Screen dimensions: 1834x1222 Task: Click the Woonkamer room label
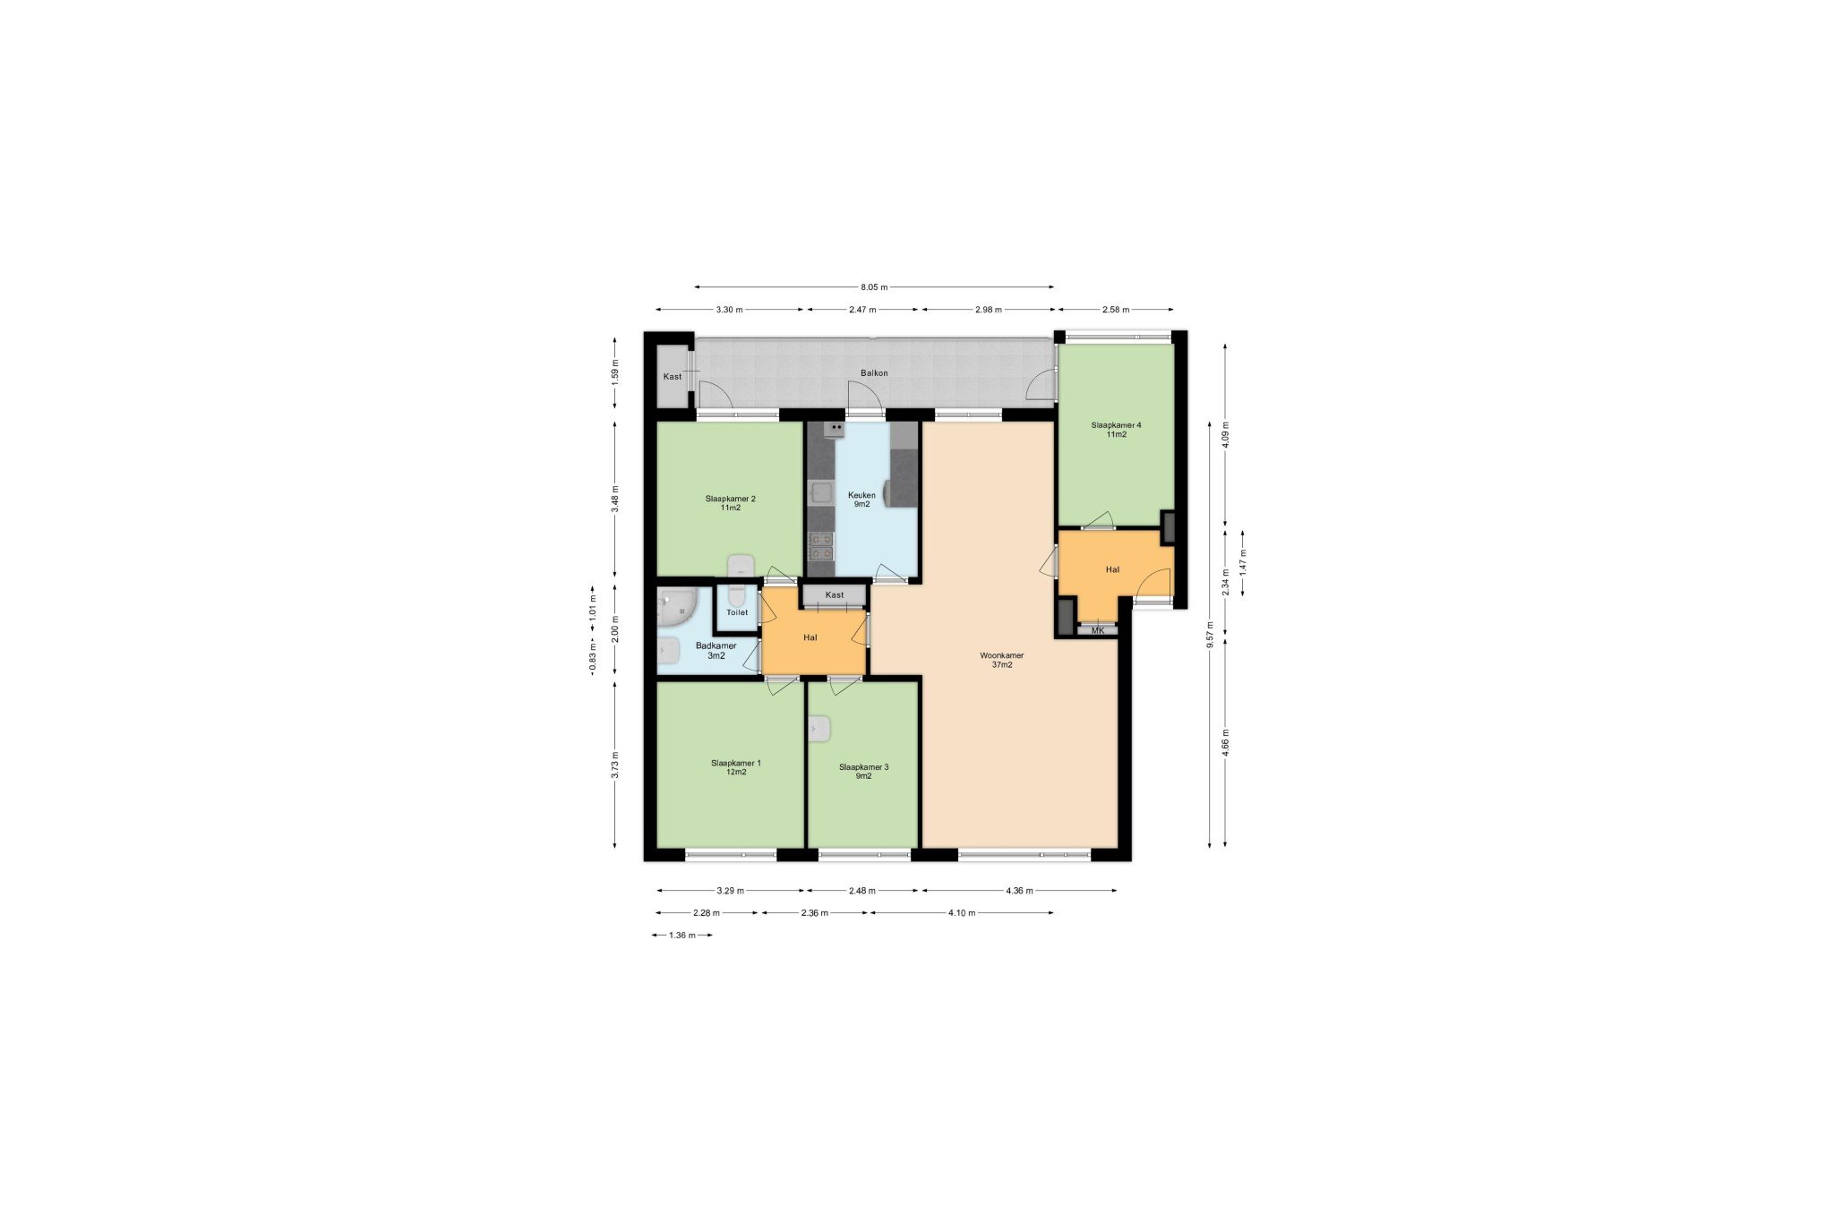tap(1001, 655)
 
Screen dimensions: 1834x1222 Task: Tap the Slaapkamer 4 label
tap(1116, 425)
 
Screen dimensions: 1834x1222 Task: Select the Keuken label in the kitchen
tap(861, 495)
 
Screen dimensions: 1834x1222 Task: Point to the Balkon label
tap(874, 372)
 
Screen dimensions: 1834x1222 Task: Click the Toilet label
tap(737, 612)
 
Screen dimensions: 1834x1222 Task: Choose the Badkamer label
tap(716, 645)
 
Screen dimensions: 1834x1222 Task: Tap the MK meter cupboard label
tap(1098, 630)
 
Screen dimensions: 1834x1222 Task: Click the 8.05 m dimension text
tap(874, 287)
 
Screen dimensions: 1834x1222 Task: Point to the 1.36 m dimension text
tap(682, 936)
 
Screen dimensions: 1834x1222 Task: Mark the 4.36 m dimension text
tap(1019, 891)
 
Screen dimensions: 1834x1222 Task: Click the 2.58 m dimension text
tap(1116, 310)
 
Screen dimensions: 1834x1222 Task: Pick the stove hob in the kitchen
tap(820, 545)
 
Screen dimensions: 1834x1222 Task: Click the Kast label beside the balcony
tap(672, 377)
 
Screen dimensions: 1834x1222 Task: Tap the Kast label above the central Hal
tap(835, 595)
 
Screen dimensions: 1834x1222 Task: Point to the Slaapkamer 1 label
tap(735, 763)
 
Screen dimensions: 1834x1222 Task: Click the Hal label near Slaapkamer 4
tap(1112, 569)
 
